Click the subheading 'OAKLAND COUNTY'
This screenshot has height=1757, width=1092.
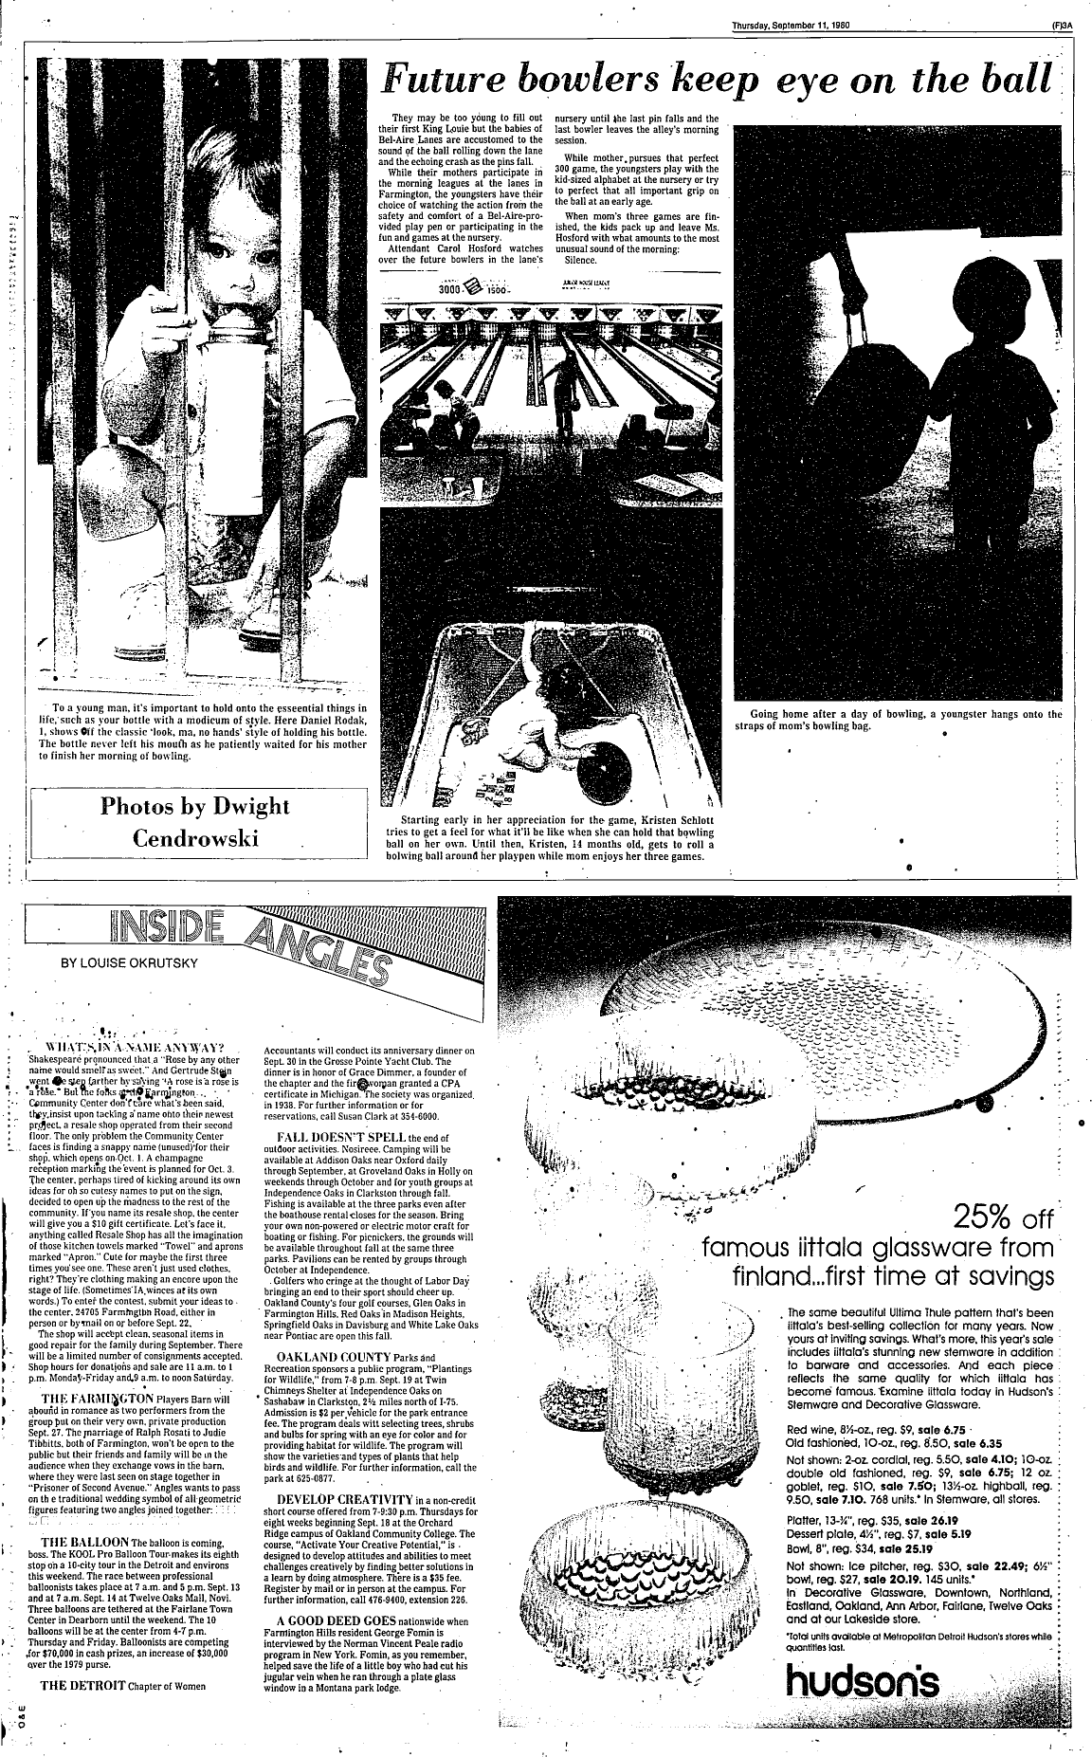(x=331, y=1356)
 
